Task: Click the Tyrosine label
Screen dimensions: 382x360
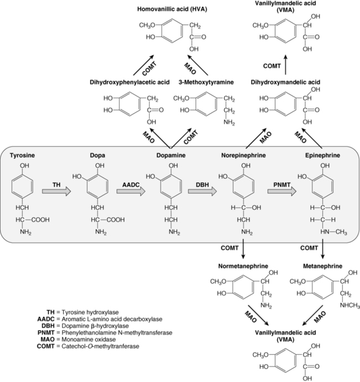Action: (x=24, y=156)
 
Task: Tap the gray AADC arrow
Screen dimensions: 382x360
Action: (x=131, y=192)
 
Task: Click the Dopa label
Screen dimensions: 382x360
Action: (x=95, y=156)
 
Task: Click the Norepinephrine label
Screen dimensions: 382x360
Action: (x=243, y=156)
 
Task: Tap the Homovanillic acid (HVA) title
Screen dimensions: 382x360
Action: (x=166, y=9)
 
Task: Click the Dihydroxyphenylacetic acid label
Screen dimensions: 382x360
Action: (x=128, y=82)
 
